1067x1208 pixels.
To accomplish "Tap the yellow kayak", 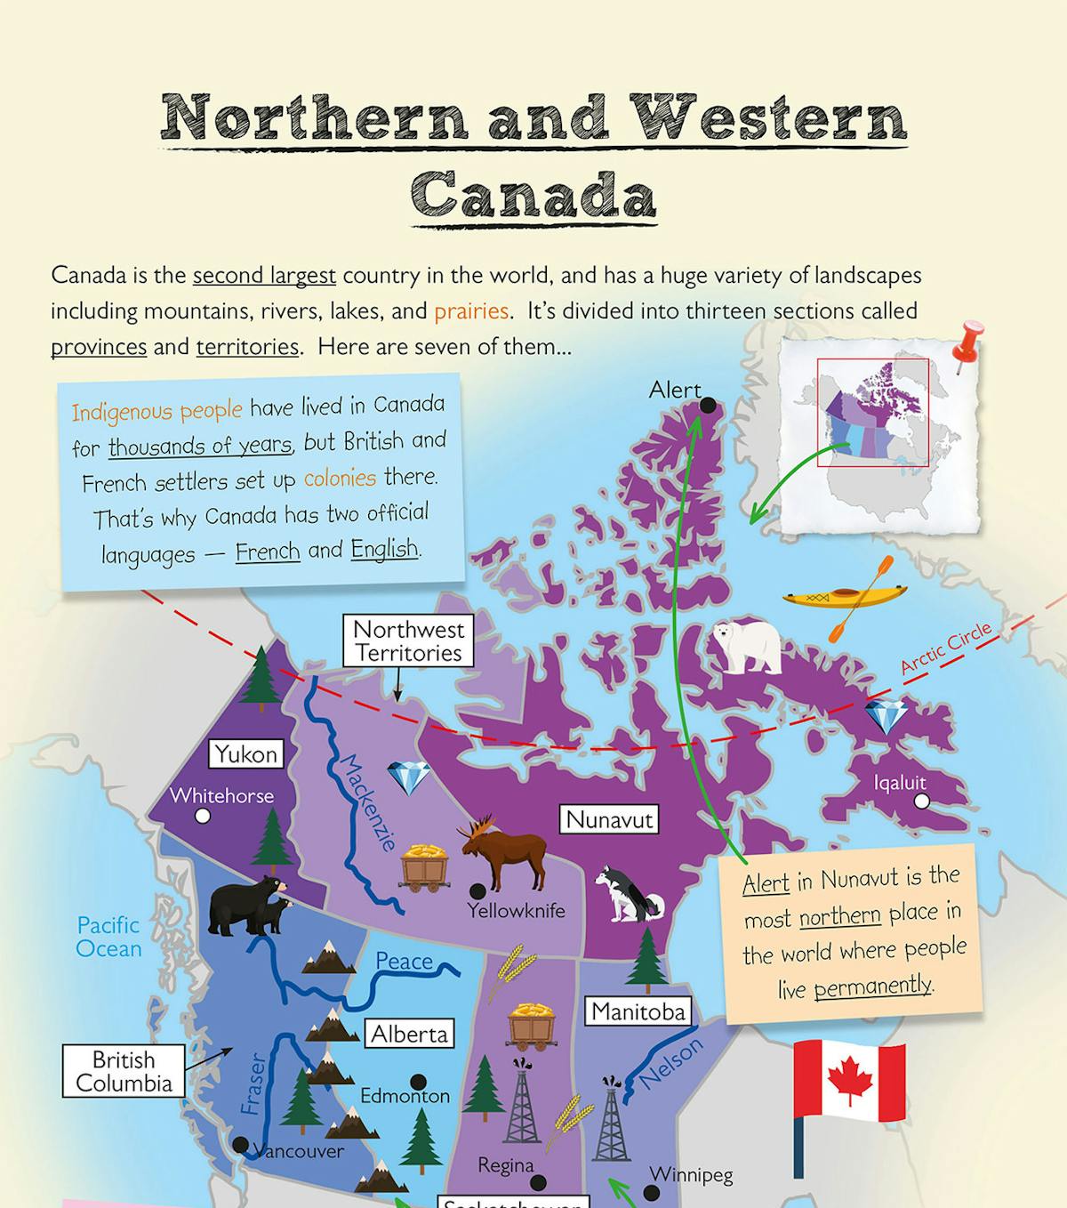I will pyautogui.click(x=845, y=595).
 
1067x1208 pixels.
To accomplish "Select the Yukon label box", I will pyautogui.click(x=246, y=754).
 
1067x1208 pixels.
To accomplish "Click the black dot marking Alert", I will pyautogui.click(x=708, y=406).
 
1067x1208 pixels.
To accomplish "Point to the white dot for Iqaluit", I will pyautogui.click(x=922, y=801).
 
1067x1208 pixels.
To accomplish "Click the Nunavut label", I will pyautogui.click(x=609, y=819).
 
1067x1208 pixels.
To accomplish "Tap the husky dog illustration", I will pyautogui.click(x=629, y=895).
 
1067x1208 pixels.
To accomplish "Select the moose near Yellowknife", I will pyautogui.click(x=503, y=853).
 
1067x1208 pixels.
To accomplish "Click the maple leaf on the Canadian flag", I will pyautogui.click(x=849, y=1081).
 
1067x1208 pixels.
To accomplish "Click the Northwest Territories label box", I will pyautogui.click(x=408, y=641).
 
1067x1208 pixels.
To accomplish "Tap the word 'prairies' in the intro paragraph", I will pyautogui.click(x=470, y=311).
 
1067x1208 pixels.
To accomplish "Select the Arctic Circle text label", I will pyautogui.click(x=945, y=648).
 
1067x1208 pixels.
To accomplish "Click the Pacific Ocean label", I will pyautogui.click(x=108, y=937).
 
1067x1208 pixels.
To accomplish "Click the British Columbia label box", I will pyautogui.click(x=124, y=1071).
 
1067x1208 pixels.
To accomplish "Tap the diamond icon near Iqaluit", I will pyautogui.click(x=886, y=716).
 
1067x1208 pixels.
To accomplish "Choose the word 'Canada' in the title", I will pyautogui.click(x=533, y=194).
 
